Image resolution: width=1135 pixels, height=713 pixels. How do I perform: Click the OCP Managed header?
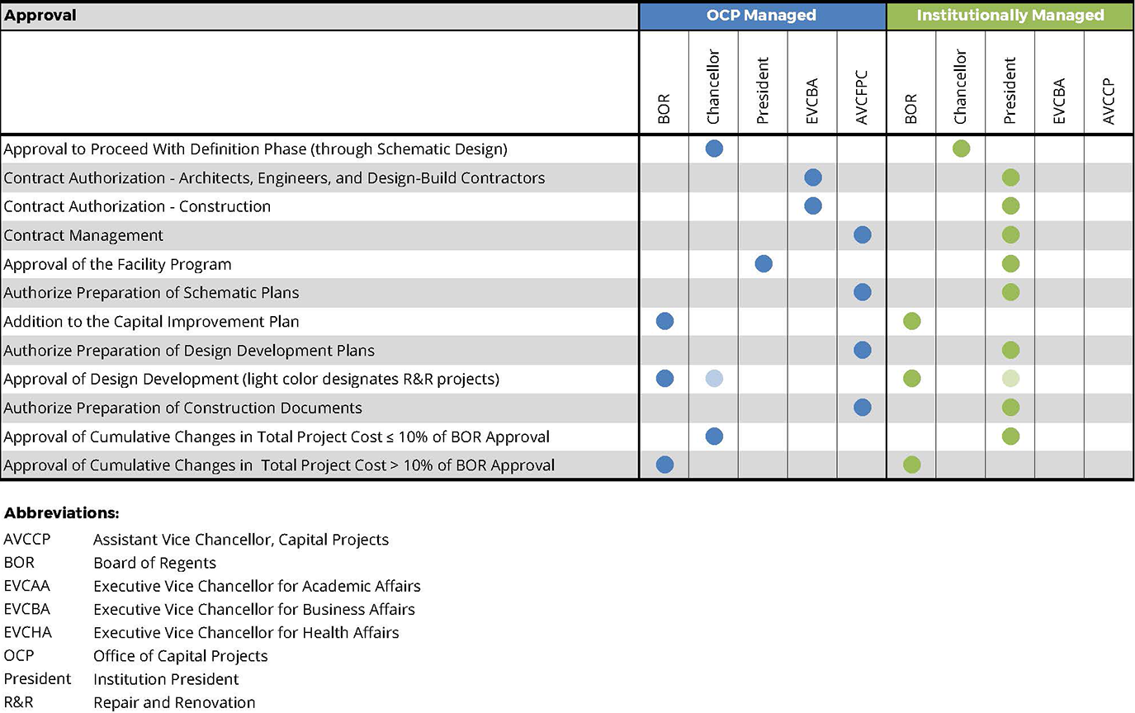[762, 15]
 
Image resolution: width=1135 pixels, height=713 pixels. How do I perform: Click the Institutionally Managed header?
[1010, 15]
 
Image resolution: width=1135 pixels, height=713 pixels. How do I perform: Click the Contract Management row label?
[83, 235]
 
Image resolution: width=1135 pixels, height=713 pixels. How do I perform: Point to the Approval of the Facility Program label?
[117, 264]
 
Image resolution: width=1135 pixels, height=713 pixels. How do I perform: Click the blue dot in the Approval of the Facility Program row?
[764, 264]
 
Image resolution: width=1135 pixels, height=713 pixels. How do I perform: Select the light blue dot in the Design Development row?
[714, 379]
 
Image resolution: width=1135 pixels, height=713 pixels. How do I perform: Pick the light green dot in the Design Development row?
[1010, 379]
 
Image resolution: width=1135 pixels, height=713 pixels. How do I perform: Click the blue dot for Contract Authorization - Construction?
[812, 206]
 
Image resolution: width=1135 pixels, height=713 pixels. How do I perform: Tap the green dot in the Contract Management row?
[1010, 235]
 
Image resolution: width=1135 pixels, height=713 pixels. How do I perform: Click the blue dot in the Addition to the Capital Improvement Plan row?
[664, 321]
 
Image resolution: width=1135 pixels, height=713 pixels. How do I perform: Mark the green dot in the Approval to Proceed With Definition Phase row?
[961, 149]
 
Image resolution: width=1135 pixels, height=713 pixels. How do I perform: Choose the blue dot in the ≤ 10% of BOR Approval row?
[714, 436]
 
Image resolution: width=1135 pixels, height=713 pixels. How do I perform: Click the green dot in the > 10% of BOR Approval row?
[911, 465]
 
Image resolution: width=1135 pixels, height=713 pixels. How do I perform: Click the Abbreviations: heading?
[61, 513]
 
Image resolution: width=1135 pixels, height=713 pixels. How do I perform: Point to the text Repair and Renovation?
[174, 702]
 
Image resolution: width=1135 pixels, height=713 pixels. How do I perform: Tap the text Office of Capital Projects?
[180, 656]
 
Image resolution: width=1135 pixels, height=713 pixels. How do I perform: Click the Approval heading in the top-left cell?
[40, 16]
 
